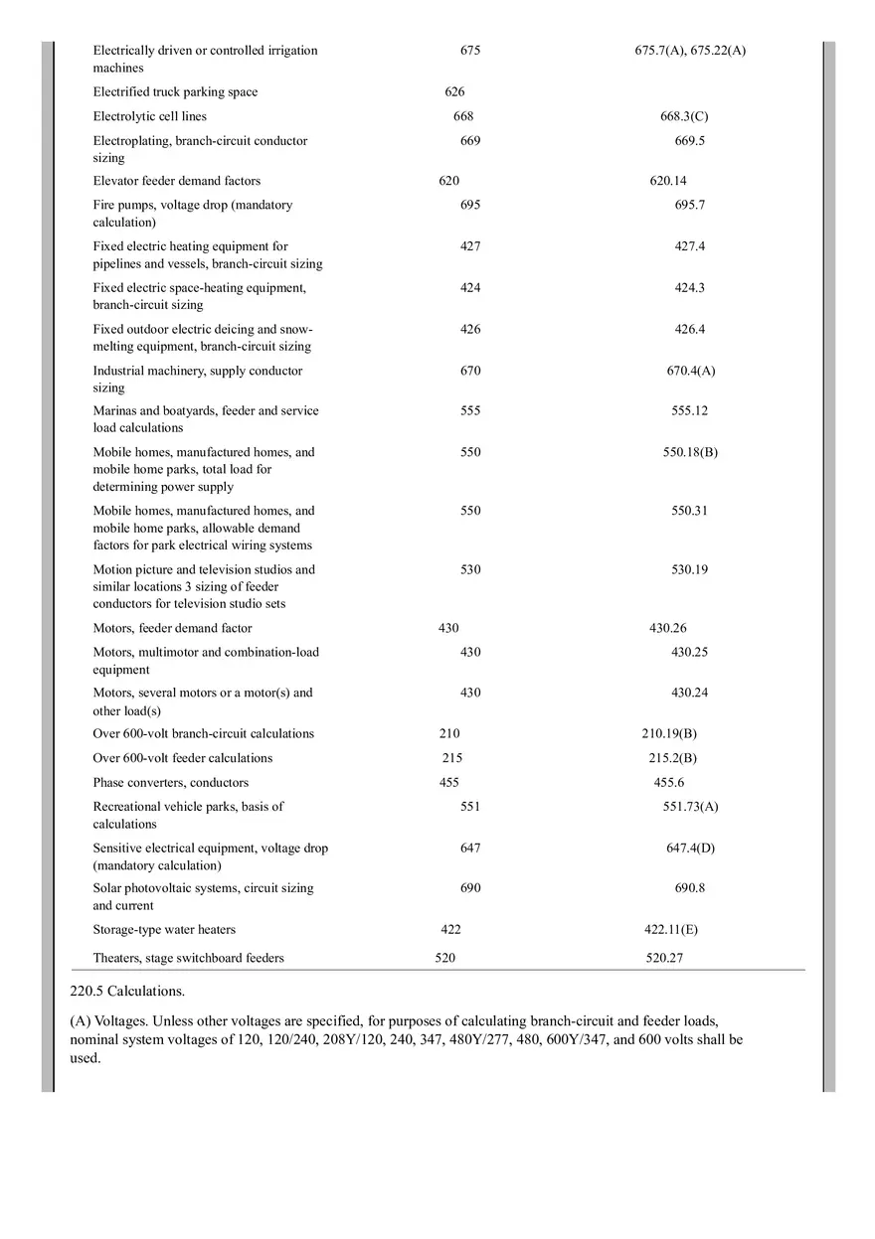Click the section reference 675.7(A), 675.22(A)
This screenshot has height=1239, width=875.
click(x=689, y=51)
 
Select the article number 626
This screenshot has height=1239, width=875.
click(x=454, y=92)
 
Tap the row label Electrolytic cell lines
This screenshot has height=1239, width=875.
click(x=150, y=116)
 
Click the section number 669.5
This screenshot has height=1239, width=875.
click(x=689, y=141)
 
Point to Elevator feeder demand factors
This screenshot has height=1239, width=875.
click(x=177, y=181)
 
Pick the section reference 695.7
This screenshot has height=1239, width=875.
click(x=689, y=205)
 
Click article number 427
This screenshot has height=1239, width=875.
click(x=470, y=246)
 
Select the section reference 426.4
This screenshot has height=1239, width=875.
click(x=689, y=329)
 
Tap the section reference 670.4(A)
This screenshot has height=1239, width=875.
click(x=690, y=371)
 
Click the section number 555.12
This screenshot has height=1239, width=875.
click(x=689, y=410)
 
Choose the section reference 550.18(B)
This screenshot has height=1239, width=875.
click(x=690, y=452)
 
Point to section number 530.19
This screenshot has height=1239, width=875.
click(x=689, y=569)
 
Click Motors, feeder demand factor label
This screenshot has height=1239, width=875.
click(x=172, y=628)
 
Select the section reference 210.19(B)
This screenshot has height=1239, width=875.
click(x=668, y=734)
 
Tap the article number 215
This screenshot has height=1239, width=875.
click(x=452, y=758)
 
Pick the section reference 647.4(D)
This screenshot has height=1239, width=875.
click(x=690, y=848)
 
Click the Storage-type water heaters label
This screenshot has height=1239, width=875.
click(x=164, y=930)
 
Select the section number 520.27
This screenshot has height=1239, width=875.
click(x=663, y=958)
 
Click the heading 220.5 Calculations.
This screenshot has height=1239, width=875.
click(x=127, y=991)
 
